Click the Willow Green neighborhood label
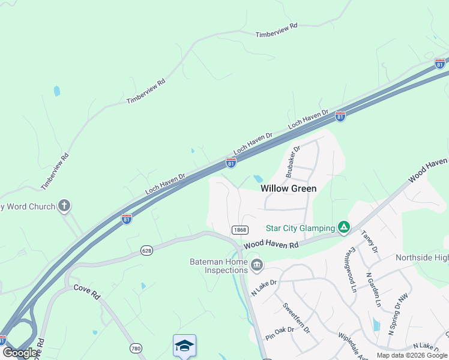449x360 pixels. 288,188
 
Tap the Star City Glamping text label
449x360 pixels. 300,228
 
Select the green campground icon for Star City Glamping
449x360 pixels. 343,227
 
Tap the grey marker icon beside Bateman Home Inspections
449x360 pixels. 257,264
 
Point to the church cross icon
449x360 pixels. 64,206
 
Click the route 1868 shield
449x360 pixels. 240,230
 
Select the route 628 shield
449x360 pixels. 147,250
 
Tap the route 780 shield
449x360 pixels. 136,348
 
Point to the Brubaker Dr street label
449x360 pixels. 293,161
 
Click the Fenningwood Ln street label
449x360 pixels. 351,269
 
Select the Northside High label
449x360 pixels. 422,257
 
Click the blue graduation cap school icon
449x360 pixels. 184,346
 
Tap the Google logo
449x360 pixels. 20,353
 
